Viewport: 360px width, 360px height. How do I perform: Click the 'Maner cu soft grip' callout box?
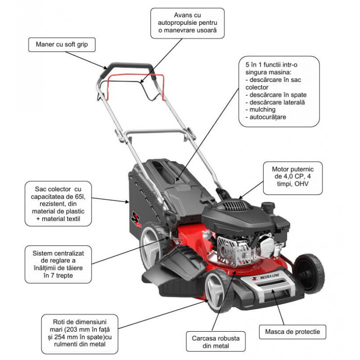[x=62, y=45]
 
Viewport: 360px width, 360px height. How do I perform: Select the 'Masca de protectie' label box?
[x=292, y=332]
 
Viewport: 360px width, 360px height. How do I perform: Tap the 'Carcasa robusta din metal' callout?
[x=216, y=342]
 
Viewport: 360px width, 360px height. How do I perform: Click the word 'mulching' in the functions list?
[x=262, y=109]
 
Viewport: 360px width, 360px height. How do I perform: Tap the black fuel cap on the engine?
[x=268, y=206]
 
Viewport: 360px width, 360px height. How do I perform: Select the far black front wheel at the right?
[x=309, y=274]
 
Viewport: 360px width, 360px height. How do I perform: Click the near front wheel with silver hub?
[x=217, y=290]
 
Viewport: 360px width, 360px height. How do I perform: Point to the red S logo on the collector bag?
[x=136, y=219]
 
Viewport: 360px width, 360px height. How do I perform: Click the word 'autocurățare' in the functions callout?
[x=268, y=117]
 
